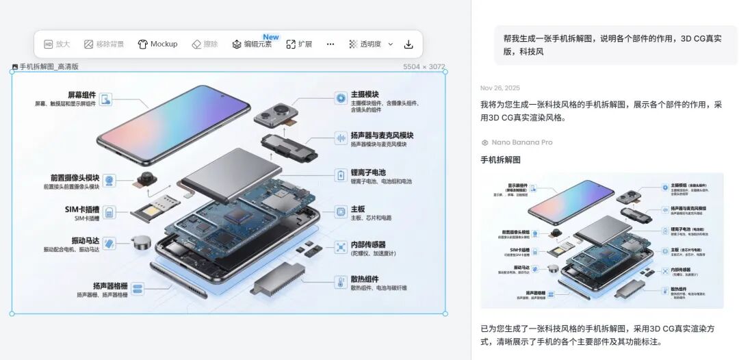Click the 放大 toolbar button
(x=57, y=44)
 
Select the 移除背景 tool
(x=104, y=44)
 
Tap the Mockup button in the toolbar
(x=157, y=44)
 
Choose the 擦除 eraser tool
(x=205, y=44)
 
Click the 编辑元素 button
(x=252, y=44)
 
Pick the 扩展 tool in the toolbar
(x=299, y=44)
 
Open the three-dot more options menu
(x=330, y=44)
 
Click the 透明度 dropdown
(x=371, y=44)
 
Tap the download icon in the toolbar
(x=409, y=44)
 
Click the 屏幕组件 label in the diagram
(x=81, y=94)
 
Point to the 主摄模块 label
(x=365, y=94)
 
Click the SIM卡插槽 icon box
(x=109, y=212)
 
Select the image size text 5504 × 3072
(x=424, y=67)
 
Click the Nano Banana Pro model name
(x=521, y=142)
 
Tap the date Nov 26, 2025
(x=500, y=88)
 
